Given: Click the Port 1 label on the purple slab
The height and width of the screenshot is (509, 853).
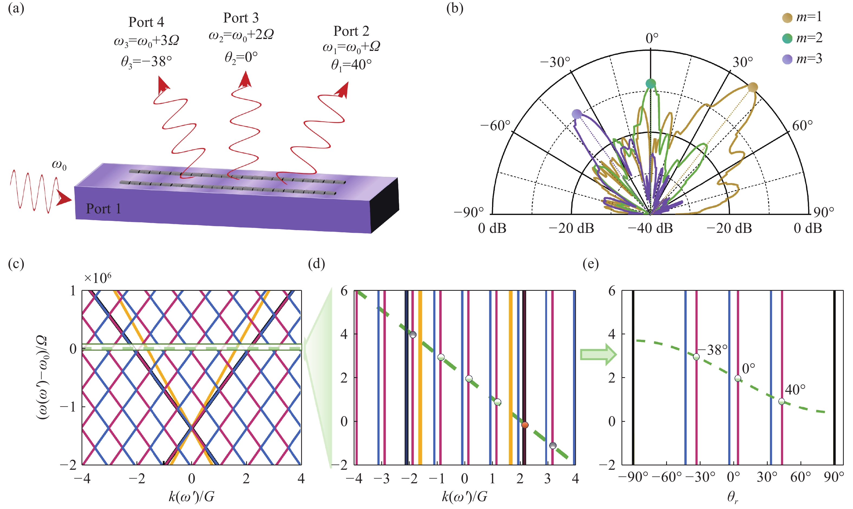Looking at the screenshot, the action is click(104, 208).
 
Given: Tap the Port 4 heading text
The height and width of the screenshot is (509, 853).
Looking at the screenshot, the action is click(146, 22).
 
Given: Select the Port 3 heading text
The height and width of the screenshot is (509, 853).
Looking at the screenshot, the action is click(241, 18).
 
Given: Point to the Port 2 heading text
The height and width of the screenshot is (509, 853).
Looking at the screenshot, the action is click(351, 31).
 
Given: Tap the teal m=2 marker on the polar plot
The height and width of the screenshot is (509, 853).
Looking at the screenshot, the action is click(651, 83).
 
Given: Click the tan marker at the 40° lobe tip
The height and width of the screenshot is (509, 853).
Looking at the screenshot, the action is click(753, 87).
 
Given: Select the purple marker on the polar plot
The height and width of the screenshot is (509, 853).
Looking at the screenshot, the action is click(577, 114).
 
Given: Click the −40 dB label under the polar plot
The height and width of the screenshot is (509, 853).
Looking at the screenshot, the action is click(650, 228).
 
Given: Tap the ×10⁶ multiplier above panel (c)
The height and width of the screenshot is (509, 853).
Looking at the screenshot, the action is click(98, 278).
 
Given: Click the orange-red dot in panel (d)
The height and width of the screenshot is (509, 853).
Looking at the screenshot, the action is click(525, 425).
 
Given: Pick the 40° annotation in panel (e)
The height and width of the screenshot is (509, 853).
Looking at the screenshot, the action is click(795, 390).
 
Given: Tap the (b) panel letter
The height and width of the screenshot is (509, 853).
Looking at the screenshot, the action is click(455, 8).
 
